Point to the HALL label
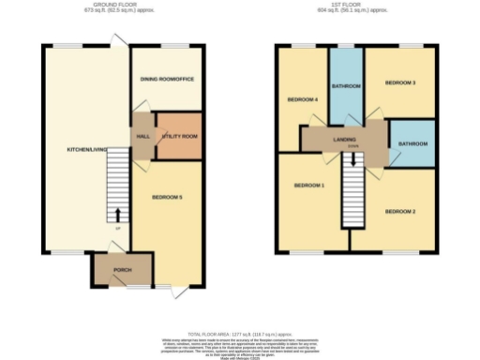(143, 136)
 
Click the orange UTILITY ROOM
(179, 136)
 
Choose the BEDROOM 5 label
(166, 197)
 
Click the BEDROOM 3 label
(401, 83)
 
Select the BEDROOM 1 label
(309, 186)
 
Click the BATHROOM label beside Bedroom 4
(346, 85)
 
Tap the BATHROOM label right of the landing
(412, 143)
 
